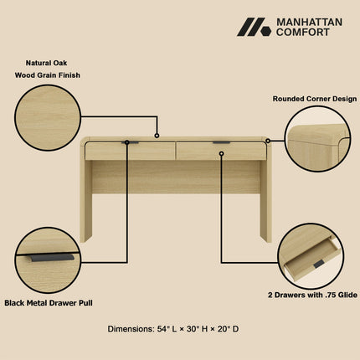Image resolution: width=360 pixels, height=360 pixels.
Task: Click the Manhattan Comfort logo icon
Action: point(254,28)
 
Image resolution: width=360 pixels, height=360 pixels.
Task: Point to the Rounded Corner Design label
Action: point(313,98)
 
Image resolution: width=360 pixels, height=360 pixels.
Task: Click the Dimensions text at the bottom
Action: point(173,329)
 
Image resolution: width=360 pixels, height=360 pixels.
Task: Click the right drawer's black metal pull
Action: point(221,143)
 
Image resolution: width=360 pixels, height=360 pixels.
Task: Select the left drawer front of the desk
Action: point(130,152)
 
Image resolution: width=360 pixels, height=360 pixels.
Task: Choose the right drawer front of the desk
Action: point(221,152)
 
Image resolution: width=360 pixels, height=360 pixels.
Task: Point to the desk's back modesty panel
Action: point(176,177)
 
